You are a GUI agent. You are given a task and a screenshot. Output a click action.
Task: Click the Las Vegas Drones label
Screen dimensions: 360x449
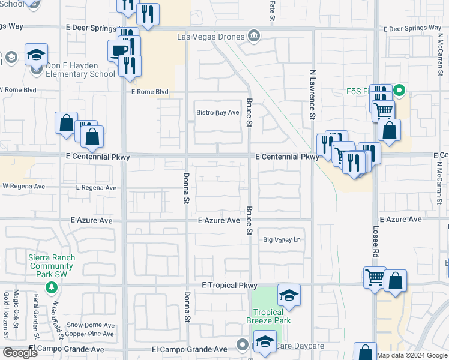point(211,37)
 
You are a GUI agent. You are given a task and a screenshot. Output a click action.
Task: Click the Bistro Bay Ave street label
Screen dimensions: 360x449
point(218,112)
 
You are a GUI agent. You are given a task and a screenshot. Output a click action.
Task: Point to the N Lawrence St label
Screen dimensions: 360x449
point(312,94)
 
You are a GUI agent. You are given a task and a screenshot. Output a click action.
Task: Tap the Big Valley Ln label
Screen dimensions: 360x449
point(282,240)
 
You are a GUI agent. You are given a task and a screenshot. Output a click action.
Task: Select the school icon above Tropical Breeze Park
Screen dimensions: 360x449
point(289,295)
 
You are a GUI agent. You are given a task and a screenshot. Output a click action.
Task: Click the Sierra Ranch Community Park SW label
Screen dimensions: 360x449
point(52,266)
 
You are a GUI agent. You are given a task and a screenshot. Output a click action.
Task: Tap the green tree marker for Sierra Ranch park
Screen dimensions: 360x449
point(52,287)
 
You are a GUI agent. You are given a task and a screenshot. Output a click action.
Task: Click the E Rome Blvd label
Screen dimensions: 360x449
point(149,92)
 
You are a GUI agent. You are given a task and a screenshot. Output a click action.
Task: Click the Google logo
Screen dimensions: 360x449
point(20,353)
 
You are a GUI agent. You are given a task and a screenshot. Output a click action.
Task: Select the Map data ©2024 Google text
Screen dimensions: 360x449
point(411,355)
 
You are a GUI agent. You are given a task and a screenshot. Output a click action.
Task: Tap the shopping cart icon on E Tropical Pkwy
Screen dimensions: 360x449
point(375,278)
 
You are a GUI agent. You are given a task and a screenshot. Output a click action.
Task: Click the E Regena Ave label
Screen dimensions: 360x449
point(96,188)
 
